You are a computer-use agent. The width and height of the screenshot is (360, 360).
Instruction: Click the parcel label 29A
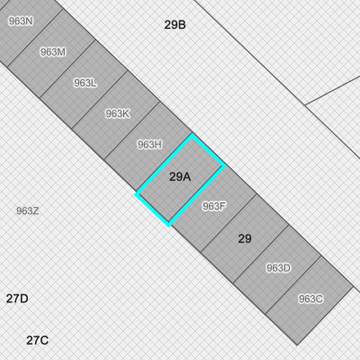(180, 176)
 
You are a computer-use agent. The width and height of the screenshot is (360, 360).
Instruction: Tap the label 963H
(149, 145)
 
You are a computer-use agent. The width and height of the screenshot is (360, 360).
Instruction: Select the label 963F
(214, 206)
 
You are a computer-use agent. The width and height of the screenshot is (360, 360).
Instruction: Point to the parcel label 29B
(175, 24)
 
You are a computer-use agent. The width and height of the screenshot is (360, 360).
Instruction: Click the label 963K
(117, 113)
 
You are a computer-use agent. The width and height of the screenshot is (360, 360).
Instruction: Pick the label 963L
(85, 83)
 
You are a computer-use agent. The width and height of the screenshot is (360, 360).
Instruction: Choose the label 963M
(53, 52)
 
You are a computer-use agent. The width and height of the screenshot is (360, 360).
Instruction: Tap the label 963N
(21, 21)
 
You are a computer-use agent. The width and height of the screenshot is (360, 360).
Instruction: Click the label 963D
(278, 268)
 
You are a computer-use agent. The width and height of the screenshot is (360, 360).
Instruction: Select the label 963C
(310, 299)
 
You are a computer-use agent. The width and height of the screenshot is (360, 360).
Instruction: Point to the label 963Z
(27, 211)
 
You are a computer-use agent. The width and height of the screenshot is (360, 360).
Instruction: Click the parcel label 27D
(17, 299)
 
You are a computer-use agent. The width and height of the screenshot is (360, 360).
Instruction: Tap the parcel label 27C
(37, 340)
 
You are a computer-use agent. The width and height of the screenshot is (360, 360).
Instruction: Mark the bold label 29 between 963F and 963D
(245, 238)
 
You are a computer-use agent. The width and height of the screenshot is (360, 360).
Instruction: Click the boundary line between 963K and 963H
(132, 130)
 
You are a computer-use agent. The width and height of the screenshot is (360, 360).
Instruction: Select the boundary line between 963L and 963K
(100, 100)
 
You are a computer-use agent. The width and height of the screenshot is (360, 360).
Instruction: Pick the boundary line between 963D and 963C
(293, 285)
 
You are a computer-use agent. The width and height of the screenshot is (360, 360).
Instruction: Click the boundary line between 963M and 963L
(67, 68)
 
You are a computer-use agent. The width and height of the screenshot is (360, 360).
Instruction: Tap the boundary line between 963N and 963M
(35, 38)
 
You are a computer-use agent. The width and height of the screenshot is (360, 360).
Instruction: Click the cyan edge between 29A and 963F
(197, 195)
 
